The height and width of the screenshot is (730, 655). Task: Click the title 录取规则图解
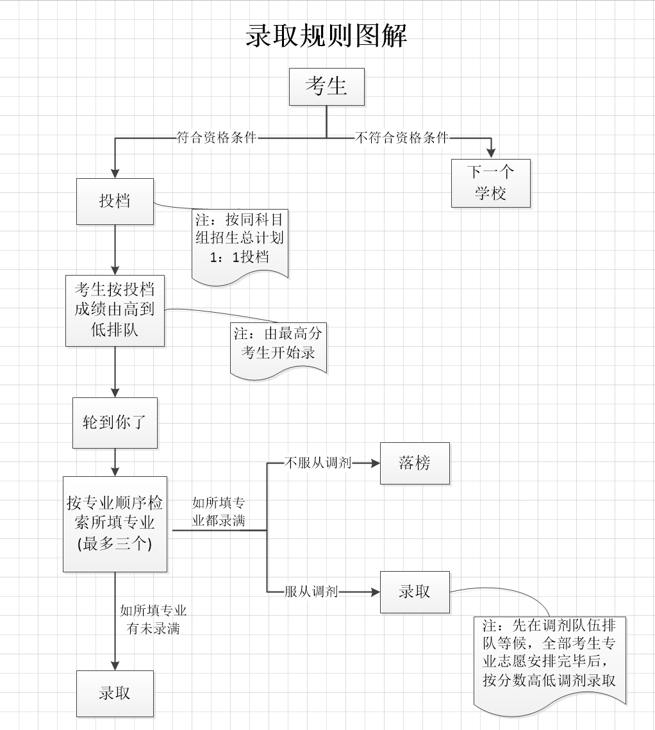(327, 36)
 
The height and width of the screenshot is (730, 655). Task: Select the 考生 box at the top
(326, 87)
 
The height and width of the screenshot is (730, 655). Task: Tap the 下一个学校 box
(490, 183)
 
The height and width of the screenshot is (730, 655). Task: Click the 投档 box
(115, 201)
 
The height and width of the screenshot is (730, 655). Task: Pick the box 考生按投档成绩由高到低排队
(115, 311)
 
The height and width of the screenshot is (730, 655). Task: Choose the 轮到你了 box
(115, 423)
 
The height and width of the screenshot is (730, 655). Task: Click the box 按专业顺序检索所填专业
(115, 524)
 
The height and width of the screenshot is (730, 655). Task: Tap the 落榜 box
(415, 463)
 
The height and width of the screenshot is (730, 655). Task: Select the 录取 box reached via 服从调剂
(415, 592)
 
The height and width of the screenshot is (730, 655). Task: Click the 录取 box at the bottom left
(115, 693)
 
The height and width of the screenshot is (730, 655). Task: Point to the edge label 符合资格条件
(217, 138)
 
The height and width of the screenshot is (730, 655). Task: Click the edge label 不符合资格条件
(402, 138)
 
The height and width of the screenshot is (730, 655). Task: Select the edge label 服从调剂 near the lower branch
(311, 592)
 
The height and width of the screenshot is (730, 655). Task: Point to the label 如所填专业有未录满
(153, 619)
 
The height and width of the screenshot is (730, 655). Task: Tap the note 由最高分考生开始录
(278, 344)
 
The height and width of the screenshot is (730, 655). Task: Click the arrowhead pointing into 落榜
(376, 463)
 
